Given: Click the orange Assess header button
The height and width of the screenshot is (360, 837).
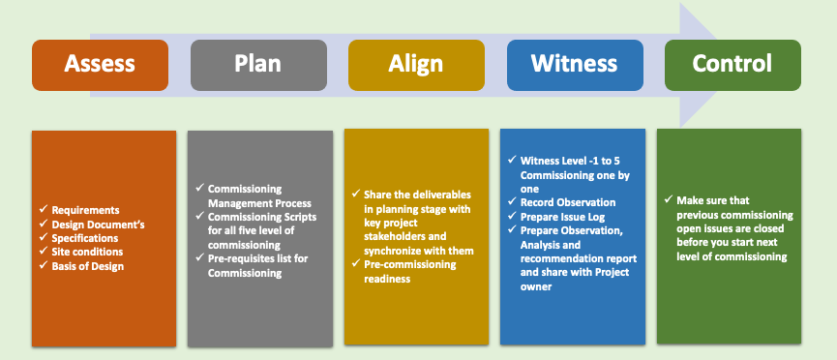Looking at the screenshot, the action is click(100, 65).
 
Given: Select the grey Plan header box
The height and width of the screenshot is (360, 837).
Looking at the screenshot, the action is click(258, 65).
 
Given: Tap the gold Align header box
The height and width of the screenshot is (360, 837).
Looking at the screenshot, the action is click(416, 65).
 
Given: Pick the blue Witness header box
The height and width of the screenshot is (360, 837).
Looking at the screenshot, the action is click(575, 65).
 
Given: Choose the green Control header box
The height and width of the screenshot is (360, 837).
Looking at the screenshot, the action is click(732, 65).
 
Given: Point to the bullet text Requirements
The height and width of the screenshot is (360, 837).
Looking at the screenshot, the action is click(85, 210).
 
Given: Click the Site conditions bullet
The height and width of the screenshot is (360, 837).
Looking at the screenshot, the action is click(87, 252).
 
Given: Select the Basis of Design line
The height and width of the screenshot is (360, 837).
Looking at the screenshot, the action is click(87, 266).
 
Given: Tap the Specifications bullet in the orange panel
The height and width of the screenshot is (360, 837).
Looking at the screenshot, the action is click(85, 238).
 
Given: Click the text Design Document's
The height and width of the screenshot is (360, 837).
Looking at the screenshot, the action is click(99, 224).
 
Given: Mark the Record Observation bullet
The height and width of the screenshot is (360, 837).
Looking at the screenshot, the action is click(568, 202).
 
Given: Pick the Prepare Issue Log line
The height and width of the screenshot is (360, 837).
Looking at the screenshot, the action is click(562, 217).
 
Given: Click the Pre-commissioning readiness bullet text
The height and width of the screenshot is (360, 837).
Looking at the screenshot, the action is click(410, 271).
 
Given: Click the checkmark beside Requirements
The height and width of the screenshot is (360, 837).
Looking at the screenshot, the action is click(44, 209).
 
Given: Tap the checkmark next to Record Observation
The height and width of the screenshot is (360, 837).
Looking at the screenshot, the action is click(512, 202).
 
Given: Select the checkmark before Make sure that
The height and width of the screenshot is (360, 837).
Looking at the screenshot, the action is click(669, 199).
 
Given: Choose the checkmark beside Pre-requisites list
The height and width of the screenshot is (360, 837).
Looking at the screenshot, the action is click(199, 258).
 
